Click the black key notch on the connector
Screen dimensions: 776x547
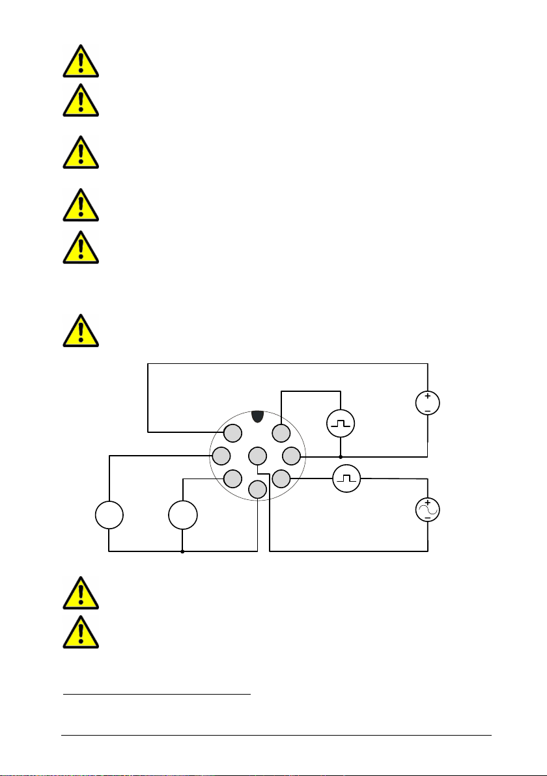257,416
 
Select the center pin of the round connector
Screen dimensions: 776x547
257,455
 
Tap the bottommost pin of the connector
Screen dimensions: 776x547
257,489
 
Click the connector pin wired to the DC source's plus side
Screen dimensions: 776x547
232,432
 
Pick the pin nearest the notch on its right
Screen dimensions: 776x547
281,432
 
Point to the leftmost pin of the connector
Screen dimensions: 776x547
221,455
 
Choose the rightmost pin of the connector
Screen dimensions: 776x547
291,455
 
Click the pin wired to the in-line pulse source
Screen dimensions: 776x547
281,479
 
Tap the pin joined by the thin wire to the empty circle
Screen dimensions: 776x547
232,479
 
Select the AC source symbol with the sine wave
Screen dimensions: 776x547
428,510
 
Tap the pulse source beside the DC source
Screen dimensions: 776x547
341,425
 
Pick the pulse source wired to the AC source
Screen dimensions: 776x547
346,480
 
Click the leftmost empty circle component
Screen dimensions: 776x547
109,516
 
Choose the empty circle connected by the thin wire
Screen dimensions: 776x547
182,516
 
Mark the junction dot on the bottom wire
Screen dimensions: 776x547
182,551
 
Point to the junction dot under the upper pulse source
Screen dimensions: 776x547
341,456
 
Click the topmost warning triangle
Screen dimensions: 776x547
80,61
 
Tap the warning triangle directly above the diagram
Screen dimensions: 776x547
80,330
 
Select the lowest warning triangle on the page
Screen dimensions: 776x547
80,631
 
